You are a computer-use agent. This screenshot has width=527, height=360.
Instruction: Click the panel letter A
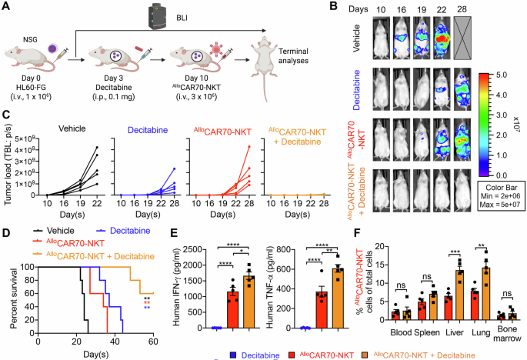pos(7,7)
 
